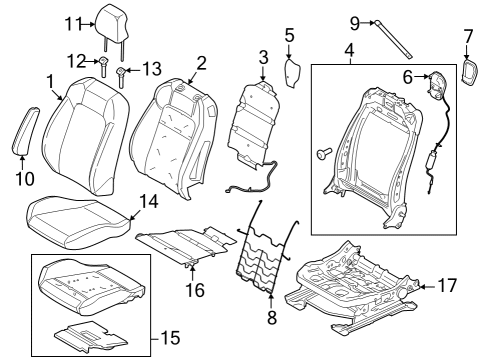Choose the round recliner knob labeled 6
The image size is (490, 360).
point(437,86)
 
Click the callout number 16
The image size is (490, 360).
point(195,291)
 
